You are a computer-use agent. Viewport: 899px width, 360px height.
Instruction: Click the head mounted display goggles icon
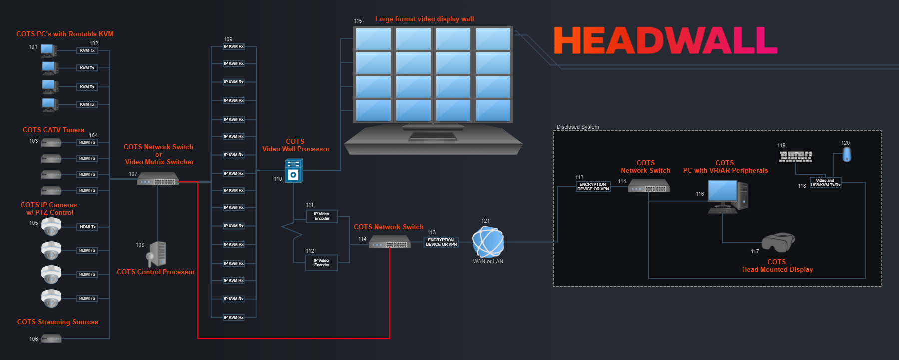pos(778,242)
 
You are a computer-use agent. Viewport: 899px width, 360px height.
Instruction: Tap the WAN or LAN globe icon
pos(488,242)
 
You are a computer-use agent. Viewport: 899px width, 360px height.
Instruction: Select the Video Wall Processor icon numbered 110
pos(294,171)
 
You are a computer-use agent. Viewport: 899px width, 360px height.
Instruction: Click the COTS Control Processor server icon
pos(157,254)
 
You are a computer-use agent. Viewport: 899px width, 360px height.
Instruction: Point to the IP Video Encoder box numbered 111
pos(322,216)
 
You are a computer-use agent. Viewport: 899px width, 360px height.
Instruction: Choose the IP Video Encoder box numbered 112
pos(321,263)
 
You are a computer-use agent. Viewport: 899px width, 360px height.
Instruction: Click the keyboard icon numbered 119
pos(796,157)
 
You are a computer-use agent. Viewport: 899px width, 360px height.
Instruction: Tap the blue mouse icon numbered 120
pos(847,155)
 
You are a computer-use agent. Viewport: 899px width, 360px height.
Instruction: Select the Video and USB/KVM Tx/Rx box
pos(825,183)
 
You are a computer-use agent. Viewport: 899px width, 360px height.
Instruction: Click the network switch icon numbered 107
pos(158,179)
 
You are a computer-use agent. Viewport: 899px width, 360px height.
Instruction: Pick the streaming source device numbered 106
pos(51,339)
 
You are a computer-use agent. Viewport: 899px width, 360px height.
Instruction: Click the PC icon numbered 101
pos(49,50)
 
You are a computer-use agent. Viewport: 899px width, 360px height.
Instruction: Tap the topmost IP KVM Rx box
pos(234,47)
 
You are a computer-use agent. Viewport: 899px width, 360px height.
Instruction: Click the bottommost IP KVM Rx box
pos(234,317)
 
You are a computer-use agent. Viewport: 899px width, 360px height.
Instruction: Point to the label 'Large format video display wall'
pos(425,19)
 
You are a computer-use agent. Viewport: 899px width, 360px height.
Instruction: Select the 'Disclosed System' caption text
pos(578,127)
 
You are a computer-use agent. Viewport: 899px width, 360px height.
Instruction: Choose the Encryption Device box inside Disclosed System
pos(593,187)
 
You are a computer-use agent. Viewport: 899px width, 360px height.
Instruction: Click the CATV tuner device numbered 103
pos(51,143)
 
